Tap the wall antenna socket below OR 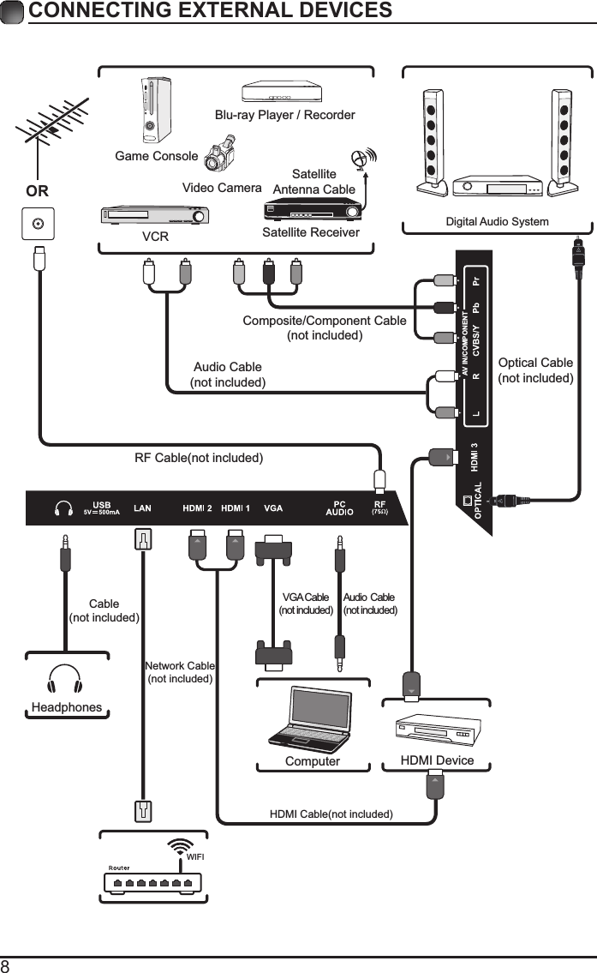pos(37,225)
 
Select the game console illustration pos(155,111)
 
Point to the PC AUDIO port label pos(340,508)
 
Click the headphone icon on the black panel pos(63,508)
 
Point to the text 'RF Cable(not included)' pos(198,458)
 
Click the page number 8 pos(6,965)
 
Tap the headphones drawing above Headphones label pos(65,680)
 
